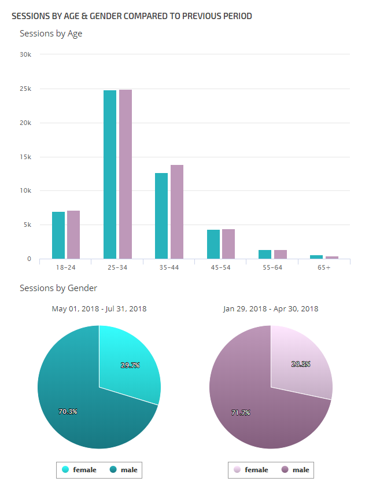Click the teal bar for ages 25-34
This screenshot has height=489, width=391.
pos(110,174)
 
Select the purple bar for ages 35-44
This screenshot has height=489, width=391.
pos(176,212)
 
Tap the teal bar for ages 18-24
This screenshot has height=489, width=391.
pos(58,235)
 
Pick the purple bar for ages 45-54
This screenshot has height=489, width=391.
pos(228,244)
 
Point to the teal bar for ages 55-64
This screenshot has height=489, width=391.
pos(265,254)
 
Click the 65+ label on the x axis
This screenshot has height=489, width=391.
pos(324,268)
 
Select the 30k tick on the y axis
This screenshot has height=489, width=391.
pos(25,55)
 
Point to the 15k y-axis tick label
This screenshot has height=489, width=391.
pos(25,157)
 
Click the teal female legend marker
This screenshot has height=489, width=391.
pos(65,470)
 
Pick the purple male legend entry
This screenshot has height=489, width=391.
pos(295,470)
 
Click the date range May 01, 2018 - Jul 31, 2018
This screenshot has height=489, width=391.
pos(99,309)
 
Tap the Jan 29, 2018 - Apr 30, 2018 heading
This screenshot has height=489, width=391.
pos(271,309)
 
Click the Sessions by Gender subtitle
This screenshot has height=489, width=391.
pos(58,288)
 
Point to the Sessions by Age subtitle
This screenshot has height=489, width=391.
pos(51,34)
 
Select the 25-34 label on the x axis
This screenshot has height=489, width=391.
pos(117,268)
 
